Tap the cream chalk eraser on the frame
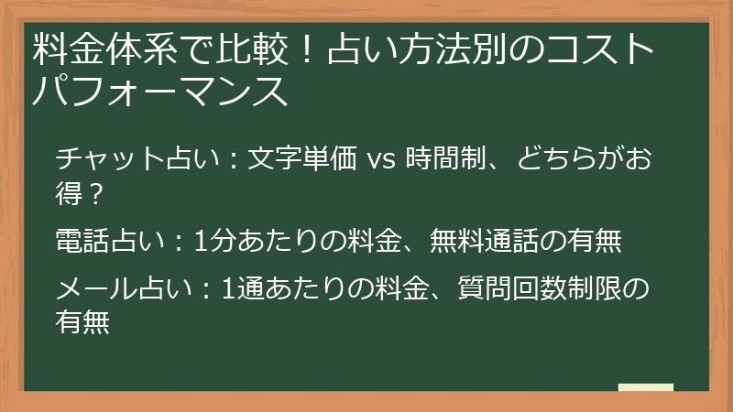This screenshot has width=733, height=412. pos(645,387)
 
